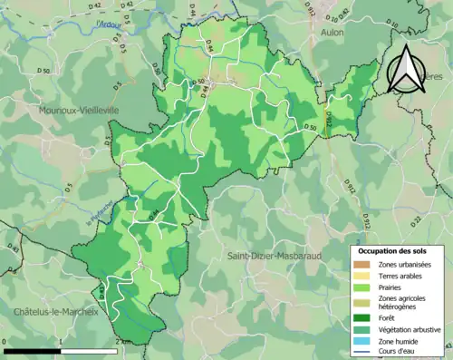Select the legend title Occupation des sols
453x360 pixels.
coord(397,249)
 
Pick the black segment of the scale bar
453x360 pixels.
coord(33,349)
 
